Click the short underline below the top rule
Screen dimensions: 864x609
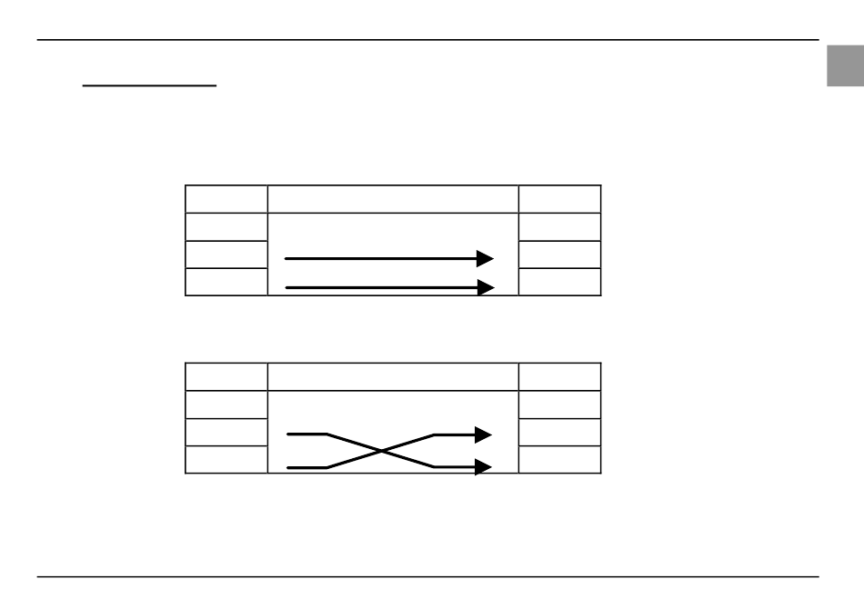[150, 86]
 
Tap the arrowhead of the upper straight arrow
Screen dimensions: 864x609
[486, 259]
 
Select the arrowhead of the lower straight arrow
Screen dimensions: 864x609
[486, 287]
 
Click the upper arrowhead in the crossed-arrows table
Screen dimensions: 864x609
[484, 435]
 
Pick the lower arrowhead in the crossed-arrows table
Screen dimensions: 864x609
[484, 466]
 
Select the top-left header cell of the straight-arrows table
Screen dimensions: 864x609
[226, 199]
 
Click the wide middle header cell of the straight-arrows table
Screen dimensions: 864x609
[393, 199]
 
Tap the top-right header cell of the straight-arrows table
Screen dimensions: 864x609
[559, 199]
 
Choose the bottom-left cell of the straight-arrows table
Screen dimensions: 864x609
[226, 282]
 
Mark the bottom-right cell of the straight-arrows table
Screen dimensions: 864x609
[559, 282]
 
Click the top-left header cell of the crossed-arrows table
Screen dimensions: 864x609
[226, 377]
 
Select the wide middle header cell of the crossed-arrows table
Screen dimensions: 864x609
[393, 377]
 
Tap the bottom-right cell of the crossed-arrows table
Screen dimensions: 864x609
[559, 460]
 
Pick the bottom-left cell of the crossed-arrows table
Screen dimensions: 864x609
[226, 460]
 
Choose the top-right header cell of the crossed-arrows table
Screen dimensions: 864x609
[559, 377]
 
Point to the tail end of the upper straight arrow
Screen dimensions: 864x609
[287, 259]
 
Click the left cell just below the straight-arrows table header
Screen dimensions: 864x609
[226, 226]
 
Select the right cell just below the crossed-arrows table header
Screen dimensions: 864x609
[559, 404]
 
